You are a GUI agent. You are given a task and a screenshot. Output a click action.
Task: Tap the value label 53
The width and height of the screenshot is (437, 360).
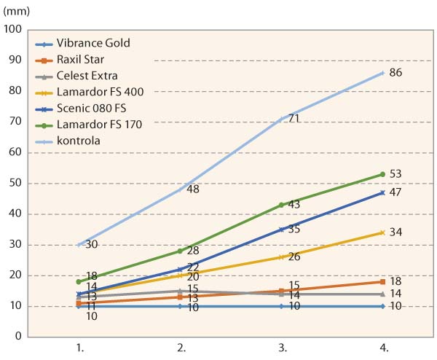396,174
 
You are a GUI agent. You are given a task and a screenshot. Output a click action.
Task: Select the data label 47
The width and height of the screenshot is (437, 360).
396,192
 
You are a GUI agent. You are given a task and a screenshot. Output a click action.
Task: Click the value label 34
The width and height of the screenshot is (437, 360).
396,232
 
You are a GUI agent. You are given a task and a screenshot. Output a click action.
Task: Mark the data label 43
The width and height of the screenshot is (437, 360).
294,205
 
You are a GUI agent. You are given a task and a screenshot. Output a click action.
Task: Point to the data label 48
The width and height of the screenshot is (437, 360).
193,189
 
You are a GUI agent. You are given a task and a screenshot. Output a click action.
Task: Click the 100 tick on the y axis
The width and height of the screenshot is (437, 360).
13,29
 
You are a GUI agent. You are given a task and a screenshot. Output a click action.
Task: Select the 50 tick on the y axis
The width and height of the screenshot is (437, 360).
15,183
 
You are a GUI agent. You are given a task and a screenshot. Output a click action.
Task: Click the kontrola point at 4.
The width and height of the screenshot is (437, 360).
382,72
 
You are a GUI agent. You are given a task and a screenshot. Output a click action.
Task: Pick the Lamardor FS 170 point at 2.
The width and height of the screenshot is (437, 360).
181,251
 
